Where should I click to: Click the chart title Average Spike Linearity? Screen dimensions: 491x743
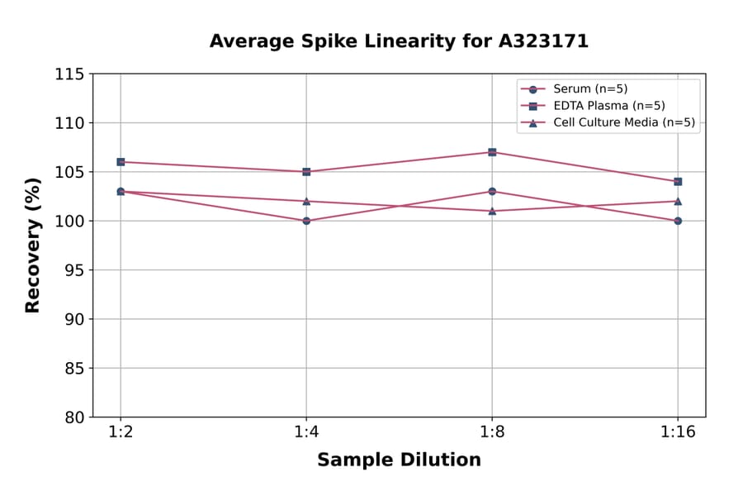(x=399, y=41)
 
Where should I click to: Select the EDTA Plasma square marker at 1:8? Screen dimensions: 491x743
(x=492, y=152)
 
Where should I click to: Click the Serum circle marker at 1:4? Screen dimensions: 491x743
(x=306, y=221)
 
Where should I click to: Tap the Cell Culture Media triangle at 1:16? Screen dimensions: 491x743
(x=678, y=201)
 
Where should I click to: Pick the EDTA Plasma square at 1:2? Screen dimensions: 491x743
(x=121, y=162)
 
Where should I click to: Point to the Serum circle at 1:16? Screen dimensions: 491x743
(x=678, y=221)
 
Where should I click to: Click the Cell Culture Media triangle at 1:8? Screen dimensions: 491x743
(x=492, y=211)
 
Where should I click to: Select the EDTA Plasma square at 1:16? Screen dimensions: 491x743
(x=678, y=181)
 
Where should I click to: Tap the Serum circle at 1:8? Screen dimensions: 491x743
(x=492, y=191)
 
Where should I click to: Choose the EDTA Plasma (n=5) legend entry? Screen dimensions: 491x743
(x=608, y=106)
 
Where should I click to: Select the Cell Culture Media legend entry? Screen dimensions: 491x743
(x=623, y=123)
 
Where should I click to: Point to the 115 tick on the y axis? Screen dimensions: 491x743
(x=69, y=74)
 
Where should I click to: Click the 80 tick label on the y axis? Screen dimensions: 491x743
(x=74, y=417)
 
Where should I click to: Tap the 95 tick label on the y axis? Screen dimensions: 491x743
(x=74, y=270)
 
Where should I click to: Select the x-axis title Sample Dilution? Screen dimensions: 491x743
(x=399, y=460)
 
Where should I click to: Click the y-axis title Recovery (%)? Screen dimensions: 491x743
(x=33, y=245)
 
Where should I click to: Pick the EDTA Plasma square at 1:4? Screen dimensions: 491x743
(x=306, y=172)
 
